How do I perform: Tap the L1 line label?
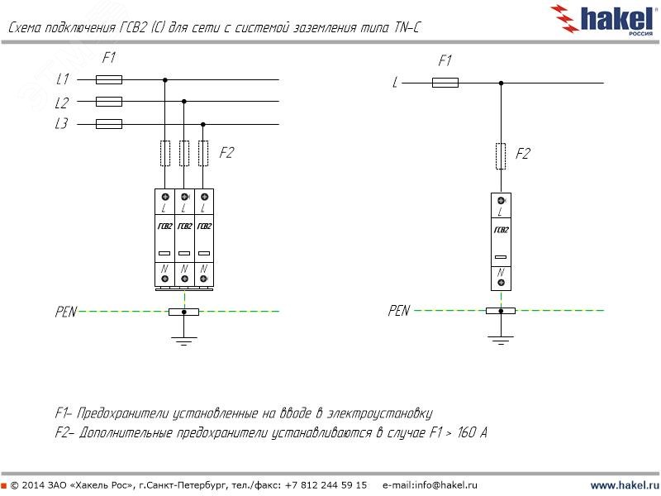point(62,80)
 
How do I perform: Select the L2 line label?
point(62,103)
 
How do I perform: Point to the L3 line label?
point(62,125)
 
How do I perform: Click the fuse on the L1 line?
point(109,80)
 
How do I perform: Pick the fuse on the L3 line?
point(109,124)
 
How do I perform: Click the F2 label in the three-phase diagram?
point(226,153)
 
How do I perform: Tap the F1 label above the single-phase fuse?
point(445,61)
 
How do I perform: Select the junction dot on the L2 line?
point(183,102)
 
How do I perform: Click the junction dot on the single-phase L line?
point(501,83)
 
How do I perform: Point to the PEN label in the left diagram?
point(65,312)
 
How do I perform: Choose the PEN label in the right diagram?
point(398,311)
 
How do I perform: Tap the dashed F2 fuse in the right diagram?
point(501,155)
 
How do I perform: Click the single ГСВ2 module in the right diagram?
point(501,241)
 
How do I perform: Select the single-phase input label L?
point(396,83)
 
